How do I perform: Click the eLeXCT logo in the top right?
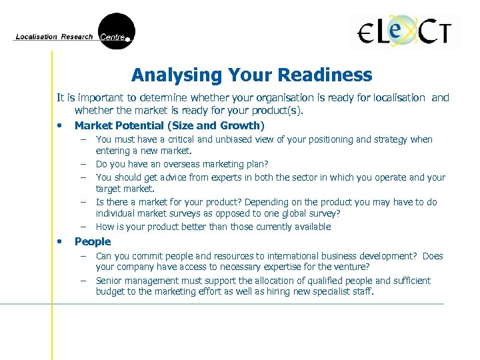tap(405, 31)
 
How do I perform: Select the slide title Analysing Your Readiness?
tap(251, 75)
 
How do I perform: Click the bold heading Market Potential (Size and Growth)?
tap(169, 125)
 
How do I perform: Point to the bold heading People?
tap(93, 241)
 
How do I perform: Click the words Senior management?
tap(130, 281)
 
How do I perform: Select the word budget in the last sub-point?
tap(110, 292)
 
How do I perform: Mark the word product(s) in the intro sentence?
tap(279, 111)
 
